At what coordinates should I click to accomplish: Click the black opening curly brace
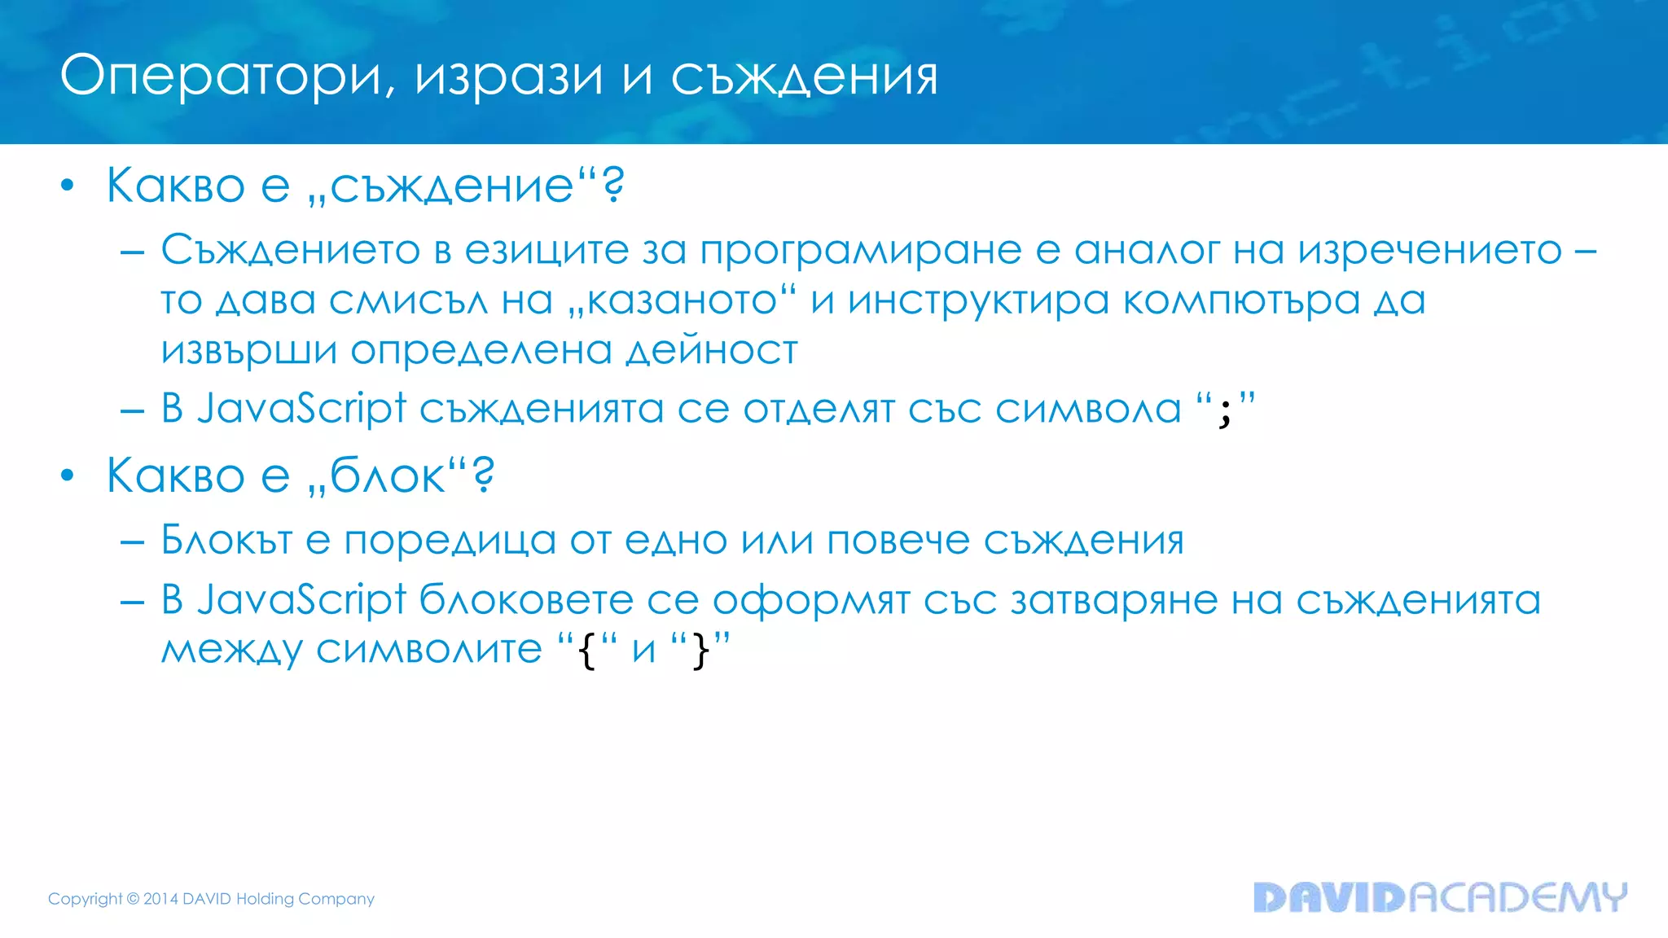pyautogui.click(x=586, y=651)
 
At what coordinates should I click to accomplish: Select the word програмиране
pyautogui.click(x=860, y=251)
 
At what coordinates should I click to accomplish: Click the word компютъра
pyautogui.click(x=1242, y=301)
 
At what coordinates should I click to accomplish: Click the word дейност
pyautogui.click(x=712, y=352)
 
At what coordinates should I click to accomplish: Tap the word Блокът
pyautogui.click(x=226, y=540)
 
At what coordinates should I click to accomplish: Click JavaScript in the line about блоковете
pyautogui.click(x=301, y=601)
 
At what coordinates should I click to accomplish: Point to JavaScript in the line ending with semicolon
pyautogui.click(x=301, y=409)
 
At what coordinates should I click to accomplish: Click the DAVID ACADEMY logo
pyautogui.click(x=1440, y=897)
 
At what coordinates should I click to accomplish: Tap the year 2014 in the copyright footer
pyautogui.click(x=160, y=899)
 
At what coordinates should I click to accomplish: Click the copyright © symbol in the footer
pyautogui.click(x=133, y=899)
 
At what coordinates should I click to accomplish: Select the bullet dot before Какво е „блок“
pyautogui.click(x=68, y=476)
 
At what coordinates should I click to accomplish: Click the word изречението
pyautogui.click(x=1429, y=251)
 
